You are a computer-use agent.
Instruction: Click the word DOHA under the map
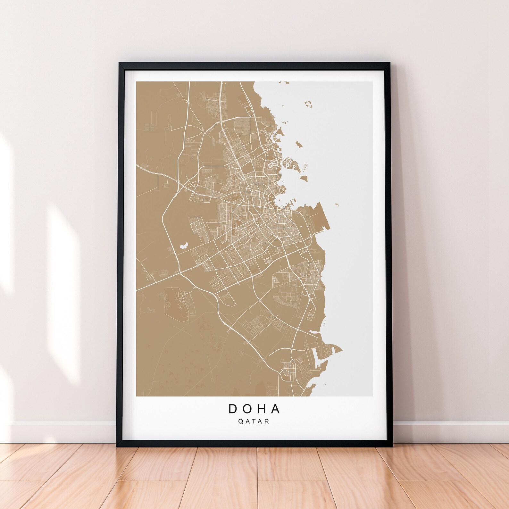tap(254, 409)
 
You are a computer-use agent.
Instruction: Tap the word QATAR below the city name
tap(254, 421)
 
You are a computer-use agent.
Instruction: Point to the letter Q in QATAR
tap(240, 421)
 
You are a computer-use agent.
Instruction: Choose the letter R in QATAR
tap(267, 421)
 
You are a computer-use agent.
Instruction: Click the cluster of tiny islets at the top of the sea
tap(308, 104)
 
